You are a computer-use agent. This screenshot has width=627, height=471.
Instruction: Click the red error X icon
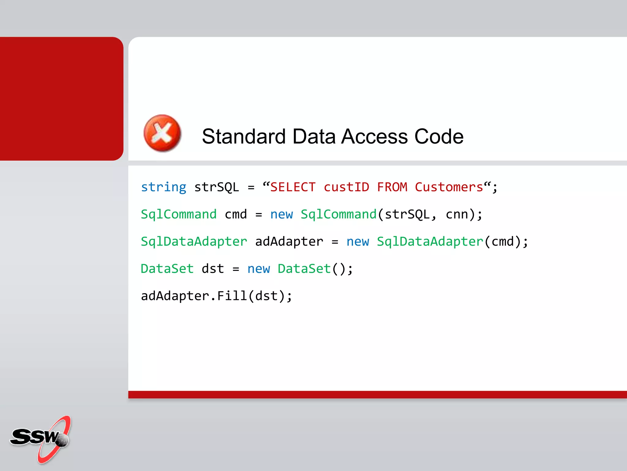click(x=162, y=133)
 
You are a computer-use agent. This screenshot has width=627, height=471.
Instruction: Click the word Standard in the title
click(x=244, y=136)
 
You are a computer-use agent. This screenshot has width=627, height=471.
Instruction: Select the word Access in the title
click(x=374, y=136)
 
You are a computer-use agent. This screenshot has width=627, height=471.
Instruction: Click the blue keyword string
click(x=163, y=187)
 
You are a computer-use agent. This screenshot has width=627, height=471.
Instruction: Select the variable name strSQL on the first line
click(x=216, y=187)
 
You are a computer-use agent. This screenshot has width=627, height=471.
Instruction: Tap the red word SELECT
click(x=293, y=187)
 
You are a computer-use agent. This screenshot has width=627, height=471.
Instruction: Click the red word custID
click(x=346, y=187)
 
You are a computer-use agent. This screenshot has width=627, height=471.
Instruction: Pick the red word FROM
click(x=392, y=187)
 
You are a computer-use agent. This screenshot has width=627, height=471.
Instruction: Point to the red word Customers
click(x=449, y=187)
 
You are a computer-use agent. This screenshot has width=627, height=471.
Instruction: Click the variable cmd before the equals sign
click(x=236, y=214)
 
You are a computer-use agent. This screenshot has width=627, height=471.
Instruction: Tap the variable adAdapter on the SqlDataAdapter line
click(x=289, y=242)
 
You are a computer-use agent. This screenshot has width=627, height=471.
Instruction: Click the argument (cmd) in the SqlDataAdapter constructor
click(x=502, y=242)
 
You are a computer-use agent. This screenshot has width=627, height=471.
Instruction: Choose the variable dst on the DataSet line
click(x=213, y=269)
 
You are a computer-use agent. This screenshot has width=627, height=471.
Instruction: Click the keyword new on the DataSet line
click(x=259, y=269)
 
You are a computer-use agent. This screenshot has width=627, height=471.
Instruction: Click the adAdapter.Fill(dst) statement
click(x=216, y=296)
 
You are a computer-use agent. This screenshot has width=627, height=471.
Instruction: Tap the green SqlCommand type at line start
click(x=178, y=214)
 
